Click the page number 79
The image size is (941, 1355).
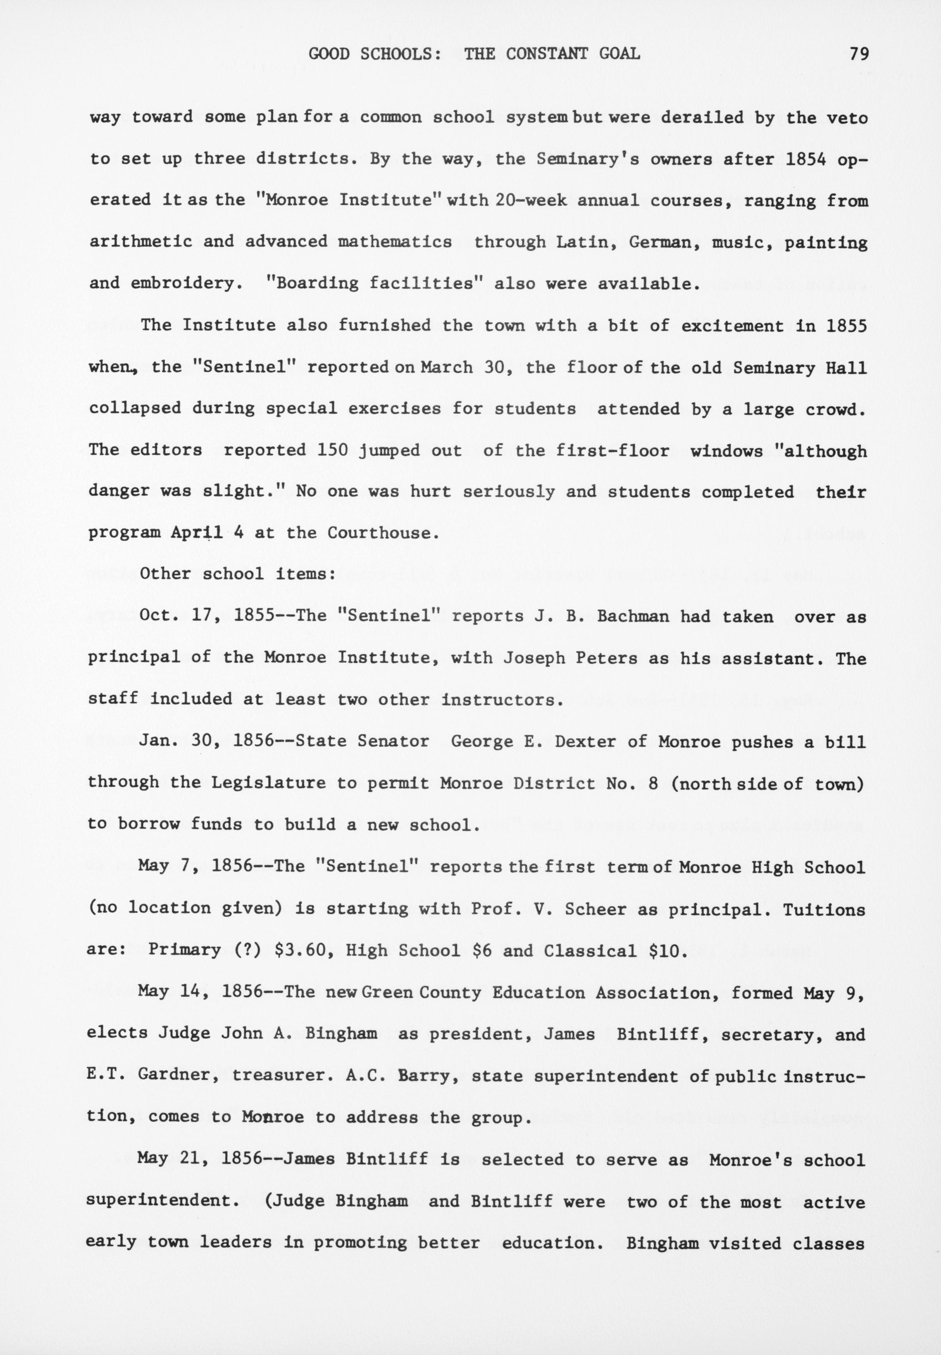point(859,54)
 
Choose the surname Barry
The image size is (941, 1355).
point(433,1076)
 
